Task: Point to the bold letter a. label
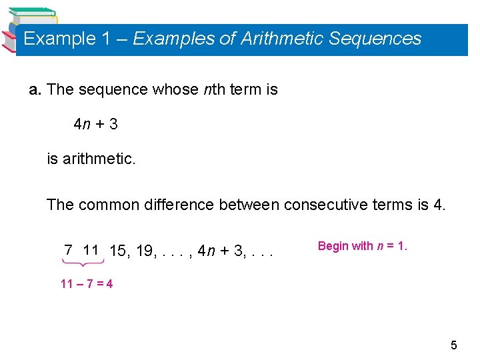click(35, 89)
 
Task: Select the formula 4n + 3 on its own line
click(95, 124)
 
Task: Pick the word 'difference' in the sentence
click(179, 205)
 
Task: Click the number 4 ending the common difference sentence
click(438, 205)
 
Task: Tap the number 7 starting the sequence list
click(68, 251)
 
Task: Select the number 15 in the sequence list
click(118, 251)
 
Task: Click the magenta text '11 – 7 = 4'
click(87, 284)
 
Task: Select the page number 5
click(454, 345)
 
